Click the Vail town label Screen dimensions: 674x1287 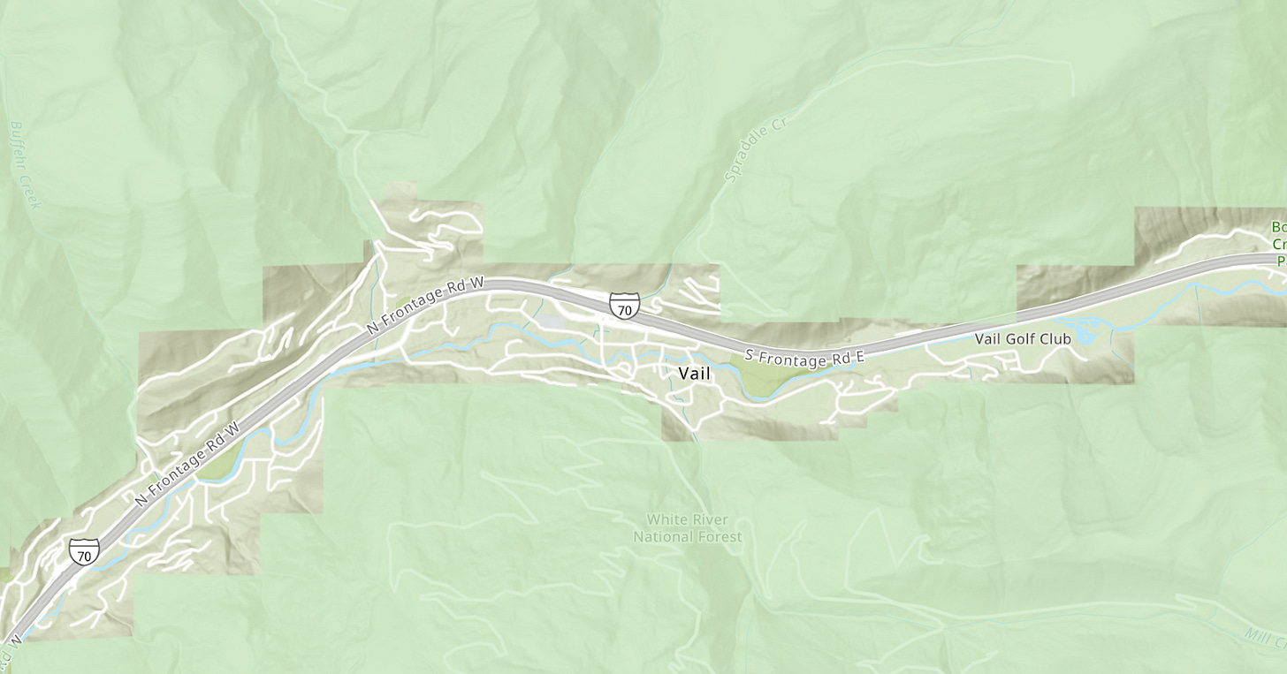coord(694,374)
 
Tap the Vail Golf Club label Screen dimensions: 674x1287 coord(1023,338)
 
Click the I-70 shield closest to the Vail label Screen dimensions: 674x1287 coord(624,306)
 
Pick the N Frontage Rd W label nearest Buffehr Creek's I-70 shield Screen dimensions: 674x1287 coord(188,465)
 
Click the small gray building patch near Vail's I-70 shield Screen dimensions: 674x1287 coord(554,323)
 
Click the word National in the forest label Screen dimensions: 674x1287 coord(663,537)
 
